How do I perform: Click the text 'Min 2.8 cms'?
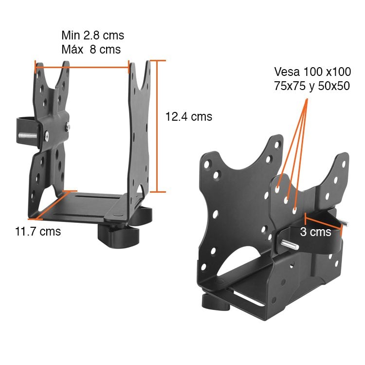[92, 36]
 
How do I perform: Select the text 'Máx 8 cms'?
[91, 50]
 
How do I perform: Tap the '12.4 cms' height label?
[189, 117]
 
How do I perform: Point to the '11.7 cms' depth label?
[38, 232]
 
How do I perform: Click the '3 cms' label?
[315, 232]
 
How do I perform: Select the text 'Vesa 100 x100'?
[312, 72]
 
